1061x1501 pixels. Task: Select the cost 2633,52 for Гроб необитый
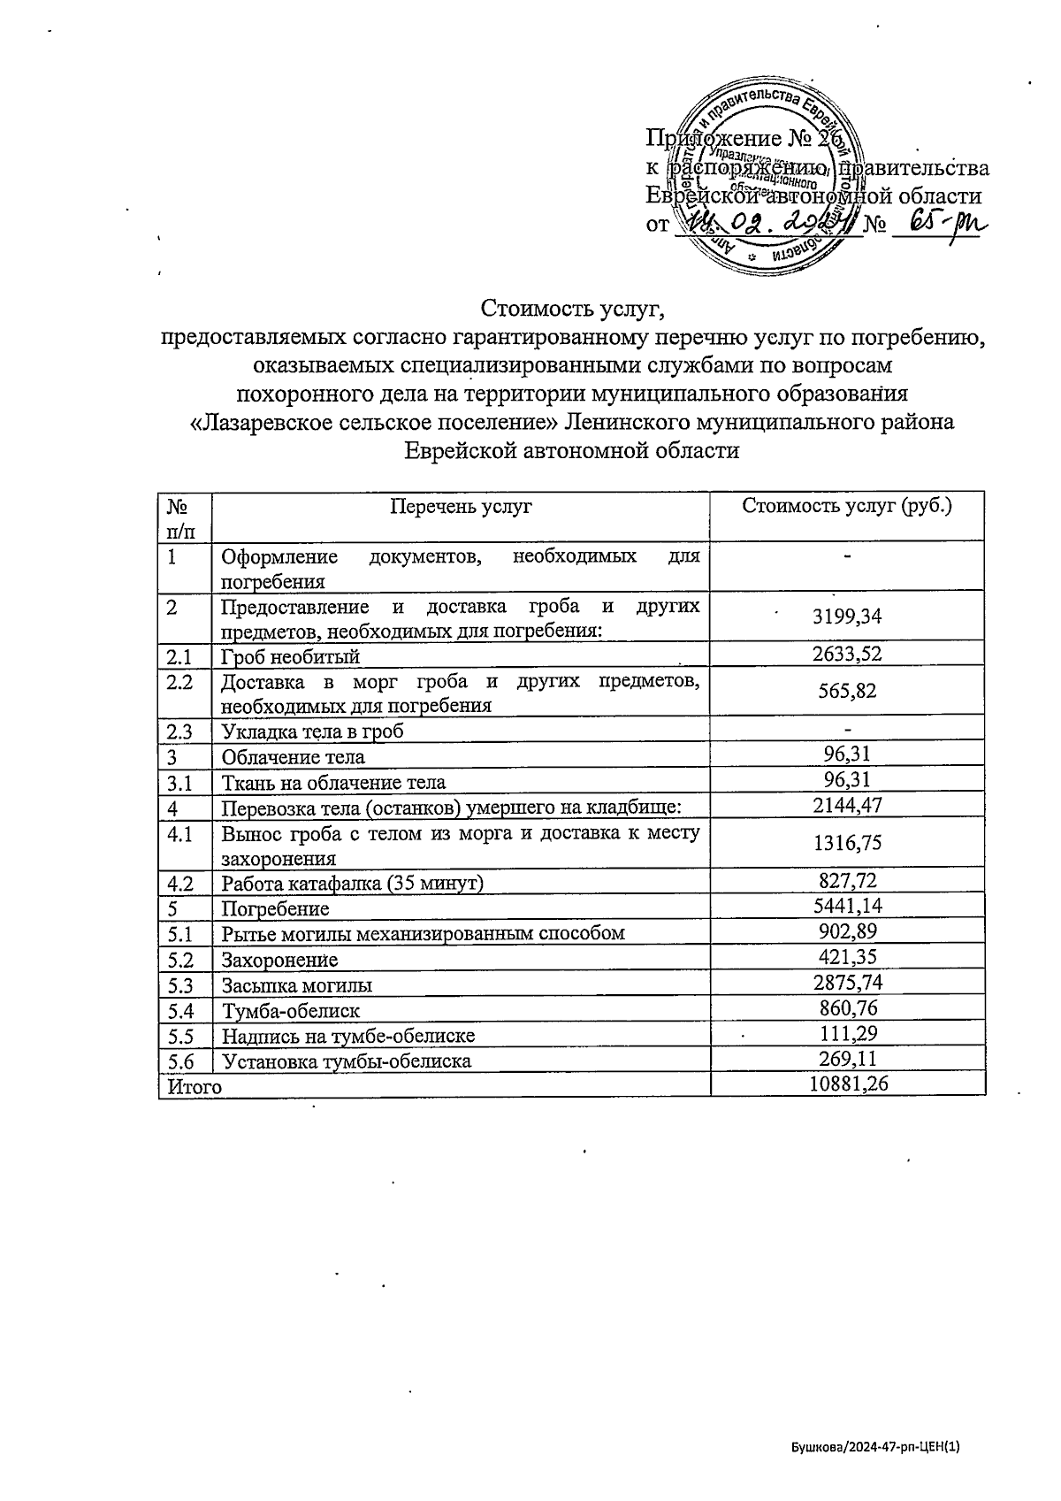847,654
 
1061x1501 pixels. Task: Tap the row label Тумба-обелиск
291,1010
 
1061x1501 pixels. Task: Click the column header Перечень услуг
462,507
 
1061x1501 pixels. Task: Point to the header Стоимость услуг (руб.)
847,506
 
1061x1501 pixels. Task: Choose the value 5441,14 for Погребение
847,906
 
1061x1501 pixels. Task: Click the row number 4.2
180,883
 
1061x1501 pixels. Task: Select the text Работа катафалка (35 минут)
352,883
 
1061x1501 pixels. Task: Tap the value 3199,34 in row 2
847,616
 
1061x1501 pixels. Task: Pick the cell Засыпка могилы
297,985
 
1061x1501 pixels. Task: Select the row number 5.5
180,1036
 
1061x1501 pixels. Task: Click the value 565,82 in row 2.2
847,691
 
